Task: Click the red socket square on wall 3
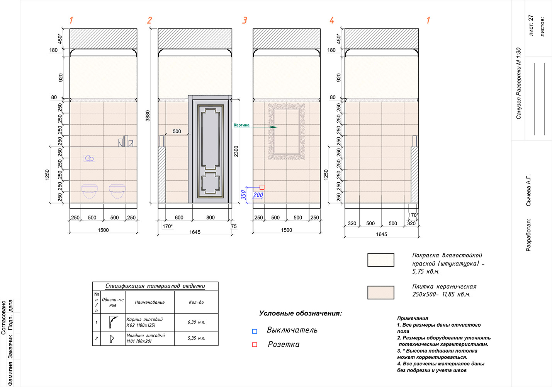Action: [262, 187]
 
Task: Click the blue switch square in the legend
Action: [255, 331]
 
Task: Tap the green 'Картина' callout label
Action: [241, 125]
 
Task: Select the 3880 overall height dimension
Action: [148, 116]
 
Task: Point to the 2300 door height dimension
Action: [236, 151]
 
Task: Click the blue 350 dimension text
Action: [243, 195]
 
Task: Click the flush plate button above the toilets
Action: [90, 158]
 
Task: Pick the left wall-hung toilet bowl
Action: [90, 191]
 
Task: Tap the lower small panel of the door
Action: [210, 183]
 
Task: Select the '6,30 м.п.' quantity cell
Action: [196, 322]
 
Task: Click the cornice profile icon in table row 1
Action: [113, 322]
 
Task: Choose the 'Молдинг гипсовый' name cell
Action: [149, 338]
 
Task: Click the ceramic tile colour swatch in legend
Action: [381, 293]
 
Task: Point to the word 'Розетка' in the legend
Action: [284, 344]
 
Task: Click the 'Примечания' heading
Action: [413, 319]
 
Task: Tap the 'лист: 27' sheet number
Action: [531, 25]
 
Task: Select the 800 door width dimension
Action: [211, 217]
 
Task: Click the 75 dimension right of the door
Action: [234, 226]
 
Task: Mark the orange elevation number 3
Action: [245, 20]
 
